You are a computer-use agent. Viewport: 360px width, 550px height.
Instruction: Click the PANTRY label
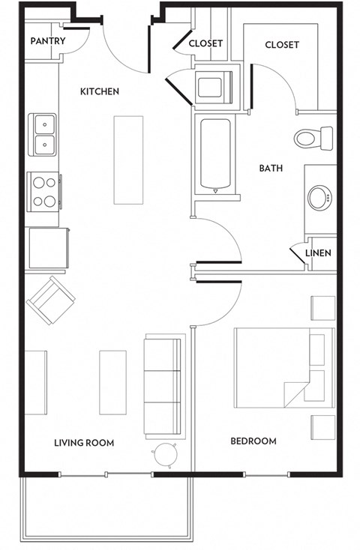tap(48, 41)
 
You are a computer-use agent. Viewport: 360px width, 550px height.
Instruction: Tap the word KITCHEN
tap(100, 91)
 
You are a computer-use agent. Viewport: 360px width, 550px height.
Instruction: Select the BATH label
tap(271, 169)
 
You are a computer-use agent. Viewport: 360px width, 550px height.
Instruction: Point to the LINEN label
tap(318, 253)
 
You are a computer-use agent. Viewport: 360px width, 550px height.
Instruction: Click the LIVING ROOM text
tap(84, 443)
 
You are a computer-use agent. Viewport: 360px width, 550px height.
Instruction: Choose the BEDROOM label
tap(253, 441)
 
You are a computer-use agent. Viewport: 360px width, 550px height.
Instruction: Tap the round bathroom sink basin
tap(319, 199)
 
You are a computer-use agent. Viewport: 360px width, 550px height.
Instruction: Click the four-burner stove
tap(43, 191)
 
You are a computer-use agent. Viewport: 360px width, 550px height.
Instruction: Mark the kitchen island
tap(127, 160)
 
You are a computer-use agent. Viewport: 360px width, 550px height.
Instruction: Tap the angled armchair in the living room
tap(51, 301)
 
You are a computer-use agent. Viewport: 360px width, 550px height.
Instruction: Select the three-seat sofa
tap(163, 387)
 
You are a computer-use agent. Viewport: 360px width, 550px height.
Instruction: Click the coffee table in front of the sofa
tap(112, 381)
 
